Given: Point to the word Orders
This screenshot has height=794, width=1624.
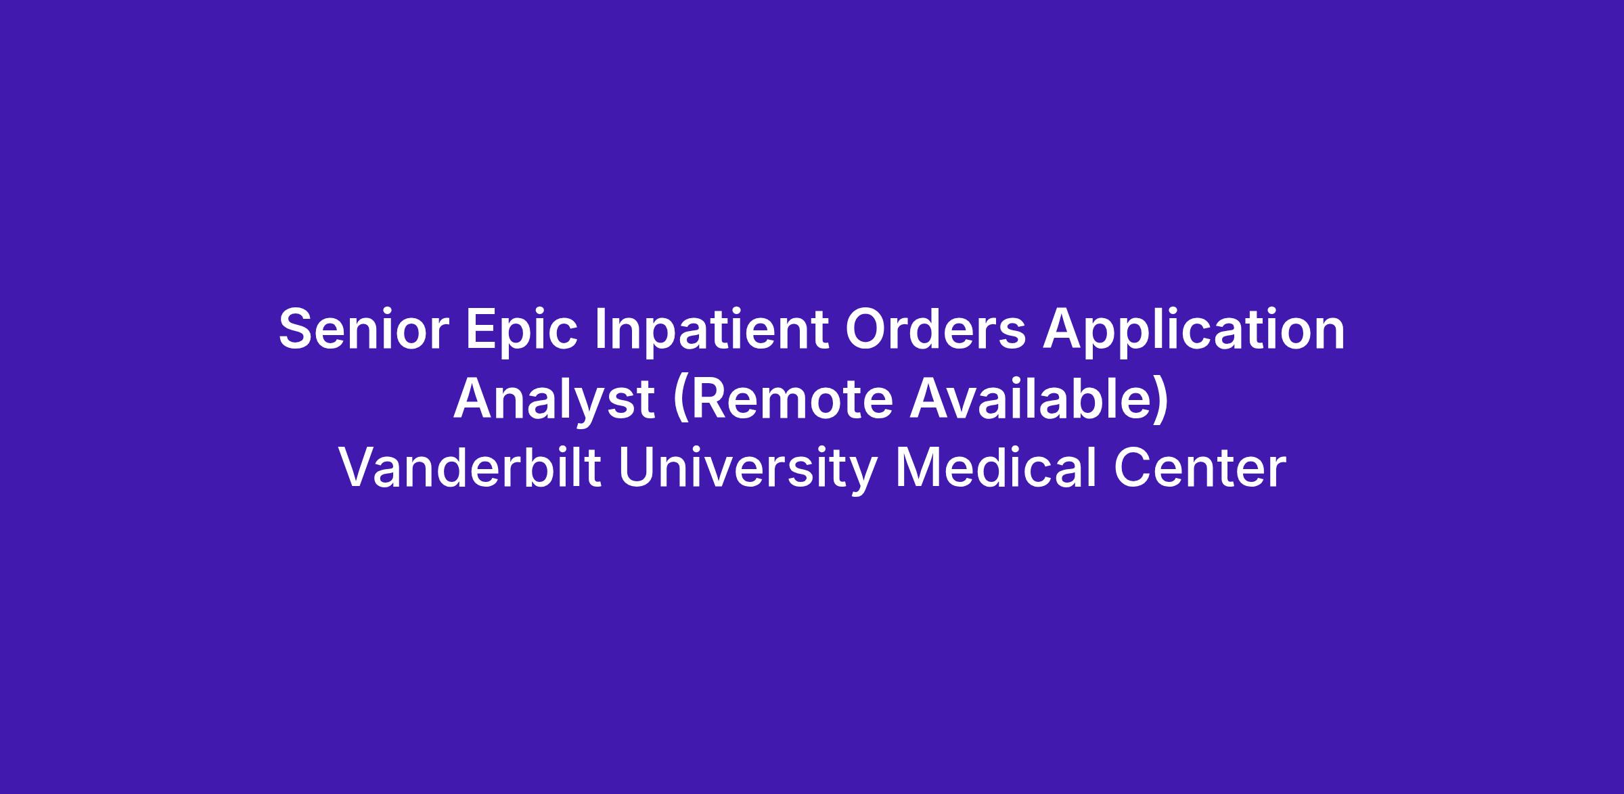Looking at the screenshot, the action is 935,330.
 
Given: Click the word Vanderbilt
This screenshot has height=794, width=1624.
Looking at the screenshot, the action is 470,468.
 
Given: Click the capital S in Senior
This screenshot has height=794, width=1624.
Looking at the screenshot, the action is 298,330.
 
